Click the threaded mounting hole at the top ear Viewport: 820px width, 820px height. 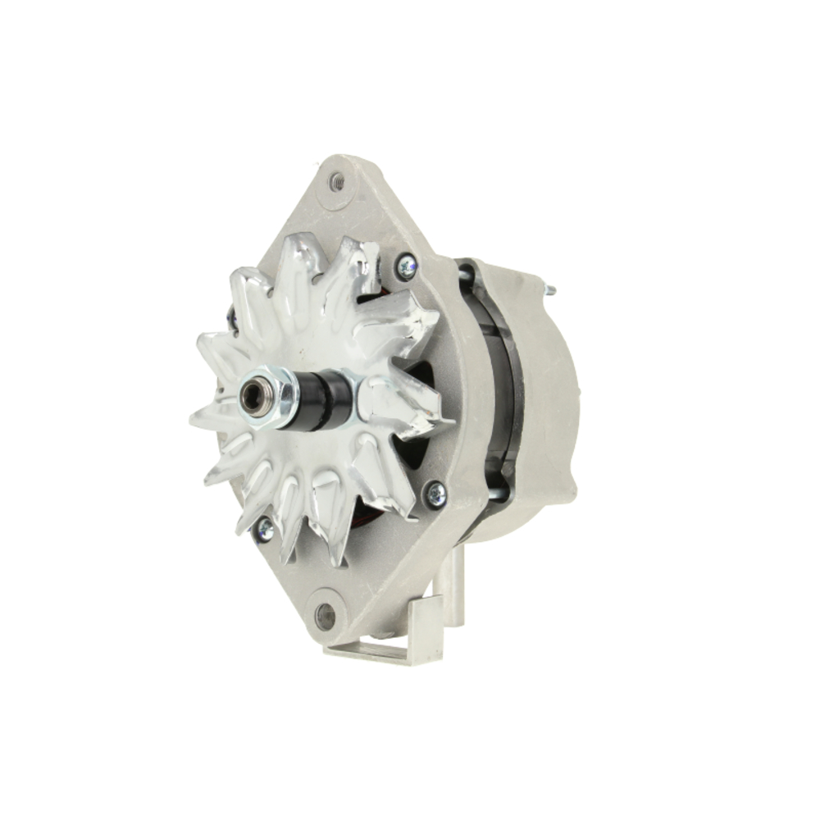[337, 182]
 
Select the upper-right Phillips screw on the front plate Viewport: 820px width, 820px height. [405, 264]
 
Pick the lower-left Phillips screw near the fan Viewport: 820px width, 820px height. [264, 529]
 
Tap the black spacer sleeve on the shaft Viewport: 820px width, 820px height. [324, 399]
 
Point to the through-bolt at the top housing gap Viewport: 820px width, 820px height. [468, 278]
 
